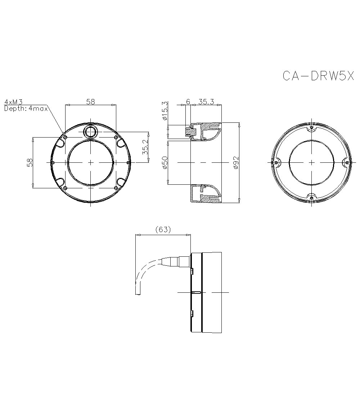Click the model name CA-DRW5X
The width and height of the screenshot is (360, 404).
(318, 76)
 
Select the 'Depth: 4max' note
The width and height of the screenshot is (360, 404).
(26, 108)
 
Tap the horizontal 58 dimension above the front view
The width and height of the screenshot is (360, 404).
(90, 102)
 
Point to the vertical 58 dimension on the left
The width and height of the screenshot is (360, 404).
(30, 162)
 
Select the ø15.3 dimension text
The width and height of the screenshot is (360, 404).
(165, 111)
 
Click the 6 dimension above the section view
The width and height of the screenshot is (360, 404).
(188, 102)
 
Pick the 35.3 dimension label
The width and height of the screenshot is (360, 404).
(206, 102)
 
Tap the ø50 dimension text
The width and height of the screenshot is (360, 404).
(165, 163)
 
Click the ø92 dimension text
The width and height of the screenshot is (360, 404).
(236, 163)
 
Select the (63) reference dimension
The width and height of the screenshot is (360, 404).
(162, 230)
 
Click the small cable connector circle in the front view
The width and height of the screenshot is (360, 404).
(90, 131)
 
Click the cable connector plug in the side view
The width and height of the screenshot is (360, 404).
(176, 261)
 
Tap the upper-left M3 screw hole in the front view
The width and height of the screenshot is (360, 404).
(65, 137)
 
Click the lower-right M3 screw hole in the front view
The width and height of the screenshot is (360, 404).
(116, 188)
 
